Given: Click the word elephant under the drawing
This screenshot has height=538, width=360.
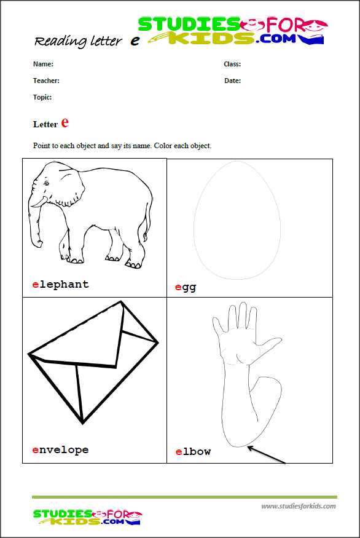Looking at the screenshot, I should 60,284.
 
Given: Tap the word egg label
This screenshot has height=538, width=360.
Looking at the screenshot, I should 186,287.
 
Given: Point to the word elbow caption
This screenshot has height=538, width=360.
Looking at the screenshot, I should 193,452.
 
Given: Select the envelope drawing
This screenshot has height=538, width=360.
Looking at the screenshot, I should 92,360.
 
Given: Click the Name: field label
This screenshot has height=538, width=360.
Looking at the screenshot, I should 43,64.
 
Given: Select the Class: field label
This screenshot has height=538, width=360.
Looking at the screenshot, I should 232,64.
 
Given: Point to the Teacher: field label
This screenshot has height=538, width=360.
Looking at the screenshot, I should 46,81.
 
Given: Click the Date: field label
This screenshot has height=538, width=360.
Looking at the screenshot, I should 232,81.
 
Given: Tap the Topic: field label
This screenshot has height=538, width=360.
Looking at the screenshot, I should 42,97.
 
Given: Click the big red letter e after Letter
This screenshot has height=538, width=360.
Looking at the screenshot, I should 65,122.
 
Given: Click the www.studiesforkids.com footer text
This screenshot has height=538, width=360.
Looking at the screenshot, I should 299,506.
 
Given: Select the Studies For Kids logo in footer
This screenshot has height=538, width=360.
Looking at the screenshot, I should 87,516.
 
